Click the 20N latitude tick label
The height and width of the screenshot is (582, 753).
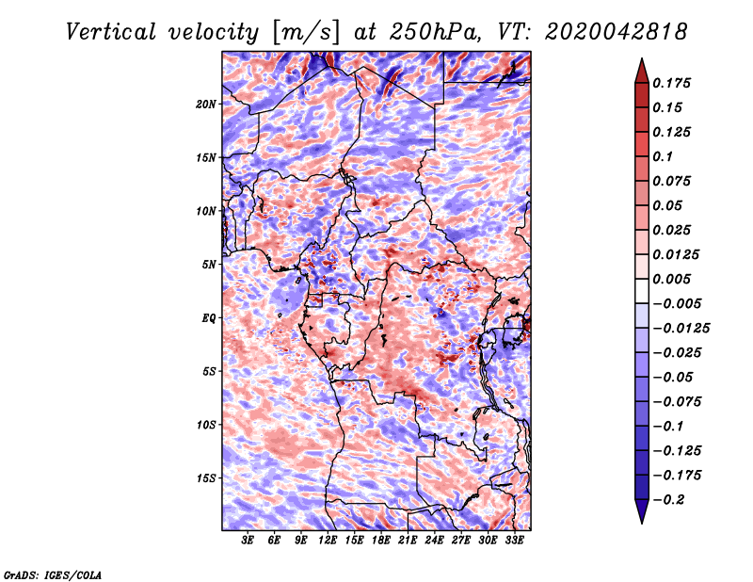click(206, 105)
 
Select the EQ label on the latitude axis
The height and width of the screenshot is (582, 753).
click(209, 318)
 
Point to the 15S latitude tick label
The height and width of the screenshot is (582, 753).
click(206, 478)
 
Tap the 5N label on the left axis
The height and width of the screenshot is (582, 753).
click(209, 265)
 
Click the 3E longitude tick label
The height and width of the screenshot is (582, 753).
click(248, 541)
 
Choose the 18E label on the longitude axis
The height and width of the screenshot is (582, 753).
click(381, 541)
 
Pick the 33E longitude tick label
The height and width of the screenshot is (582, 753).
click(514, 541)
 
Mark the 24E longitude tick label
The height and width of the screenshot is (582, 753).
click(434, 541)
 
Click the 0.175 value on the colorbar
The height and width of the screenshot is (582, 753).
click(671, 83)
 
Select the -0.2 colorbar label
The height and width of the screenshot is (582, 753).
click(668, 500)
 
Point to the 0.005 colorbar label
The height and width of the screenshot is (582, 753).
click(671, 279)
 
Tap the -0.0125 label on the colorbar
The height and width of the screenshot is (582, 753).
click(681, 329)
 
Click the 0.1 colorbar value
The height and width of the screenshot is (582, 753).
click(663, 156)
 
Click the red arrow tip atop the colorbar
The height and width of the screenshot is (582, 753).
click(642, 58)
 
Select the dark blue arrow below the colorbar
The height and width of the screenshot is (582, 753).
click(642, 511)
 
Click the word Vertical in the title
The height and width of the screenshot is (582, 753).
click(111, 32)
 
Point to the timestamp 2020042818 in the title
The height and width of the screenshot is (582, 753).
click(617, 32)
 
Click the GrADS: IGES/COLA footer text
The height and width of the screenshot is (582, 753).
click(53, 574)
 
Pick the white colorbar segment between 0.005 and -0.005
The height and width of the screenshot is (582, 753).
click(642, 291)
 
